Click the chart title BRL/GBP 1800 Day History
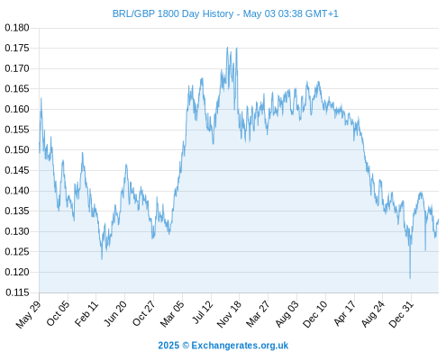pos(173,13)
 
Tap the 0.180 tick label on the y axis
pos(17,28)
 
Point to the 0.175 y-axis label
pos(17,48)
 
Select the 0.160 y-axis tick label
pos(17,109)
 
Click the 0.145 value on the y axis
pos(17,170)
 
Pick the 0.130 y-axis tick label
pos(17,231)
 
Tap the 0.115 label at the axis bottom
pos(17,292)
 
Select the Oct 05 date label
pos(58,313)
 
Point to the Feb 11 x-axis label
pos(86,313)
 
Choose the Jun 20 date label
pos(115,313)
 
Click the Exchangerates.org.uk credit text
pos(240,346)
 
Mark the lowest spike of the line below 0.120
pos(410,278)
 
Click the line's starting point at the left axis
pos(40,143)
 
